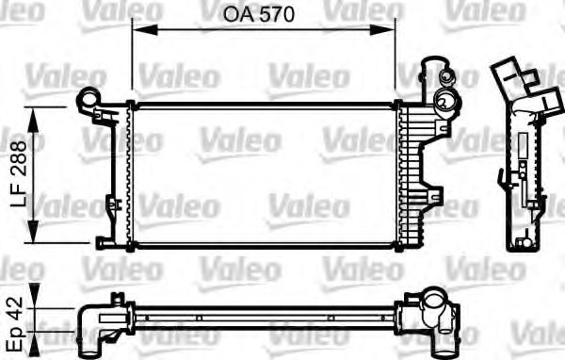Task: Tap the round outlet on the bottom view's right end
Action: click(437, 305)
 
